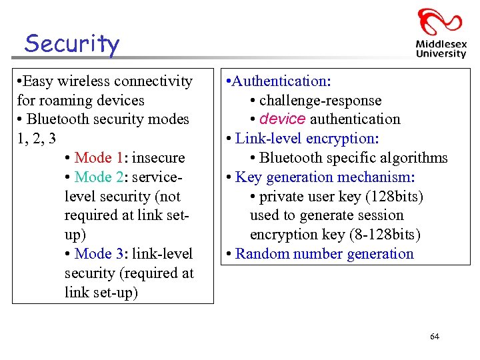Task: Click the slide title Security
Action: click(x=72, y=44)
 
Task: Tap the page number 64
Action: click(x=435, y=337)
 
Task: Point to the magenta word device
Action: click(x=283, y=119)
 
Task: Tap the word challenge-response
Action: click(x=320, y=101)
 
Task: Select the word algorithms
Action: click(x=414, y=158)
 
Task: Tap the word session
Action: click(x=380, y=215)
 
